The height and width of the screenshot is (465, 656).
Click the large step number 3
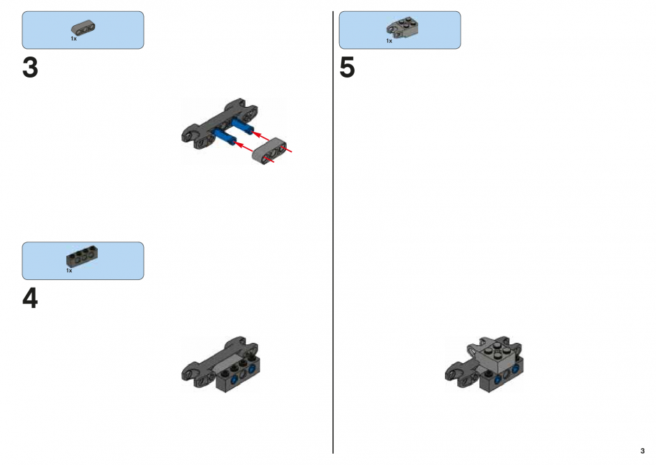point(30,68)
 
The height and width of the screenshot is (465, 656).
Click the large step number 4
point(30,298)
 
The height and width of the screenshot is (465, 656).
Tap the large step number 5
point(347,68)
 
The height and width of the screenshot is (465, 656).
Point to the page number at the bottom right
point(643,451)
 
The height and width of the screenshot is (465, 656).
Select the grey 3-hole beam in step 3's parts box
point(83,28)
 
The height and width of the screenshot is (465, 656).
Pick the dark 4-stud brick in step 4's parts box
point(82,258)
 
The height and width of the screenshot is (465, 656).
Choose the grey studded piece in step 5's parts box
point(402,27)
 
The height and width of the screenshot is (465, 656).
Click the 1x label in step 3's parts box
point(74,38)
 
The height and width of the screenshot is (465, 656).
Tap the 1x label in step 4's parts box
point(69,270)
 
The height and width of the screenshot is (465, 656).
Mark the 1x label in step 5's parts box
point(389,41)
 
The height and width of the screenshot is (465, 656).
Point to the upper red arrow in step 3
point(262,136)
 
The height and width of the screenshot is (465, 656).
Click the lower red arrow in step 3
point(244,147)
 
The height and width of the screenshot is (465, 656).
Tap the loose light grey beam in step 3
point(269,150)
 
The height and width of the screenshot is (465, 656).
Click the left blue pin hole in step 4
point(234,379)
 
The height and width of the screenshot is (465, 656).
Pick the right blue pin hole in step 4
point(252,369)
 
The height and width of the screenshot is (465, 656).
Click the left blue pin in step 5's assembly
point(498,379)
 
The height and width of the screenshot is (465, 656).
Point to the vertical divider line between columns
point(333,232)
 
